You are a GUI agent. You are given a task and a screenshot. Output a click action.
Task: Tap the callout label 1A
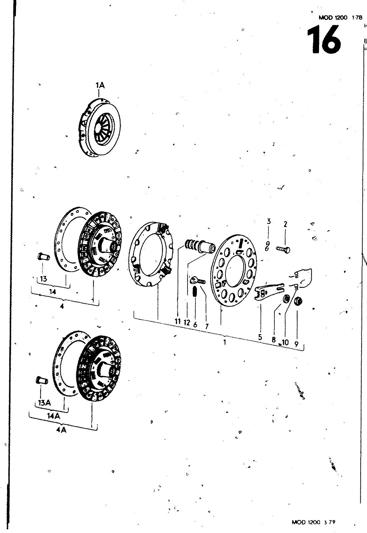(x=100, y=86)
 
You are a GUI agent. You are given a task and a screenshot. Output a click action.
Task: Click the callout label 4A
(x=61, y=430)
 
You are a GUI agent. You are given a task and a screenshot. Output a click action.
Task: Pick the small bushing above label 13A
(x=40, y=380)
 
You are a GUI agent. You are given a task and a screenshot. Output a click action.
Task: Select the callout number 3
(x=268, y=222)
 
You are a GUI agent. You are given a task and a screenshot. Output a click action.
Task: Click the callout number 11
(x=178, y=322)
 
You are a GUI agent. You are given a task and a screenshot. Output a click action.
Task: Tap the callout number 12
(x=187, y=322)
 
